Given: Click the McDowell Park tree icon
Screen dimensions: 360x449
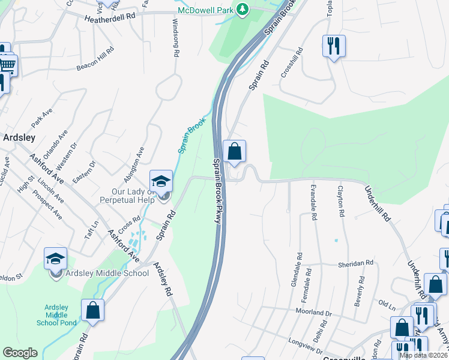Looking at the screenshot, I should pyautogui.click(x=242, y=10).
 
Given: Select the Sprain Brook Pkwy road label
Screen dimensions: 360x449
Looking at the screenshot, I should pyautogui.click(x=217, y=191).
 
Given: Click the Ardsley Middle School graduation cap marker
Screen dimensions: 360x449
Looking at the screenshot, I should pyautogui.click(x=56, y=259).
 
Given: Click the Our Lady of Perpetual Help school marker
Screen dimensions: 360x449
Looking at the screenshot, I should pyautogui.click(x=161, y=181).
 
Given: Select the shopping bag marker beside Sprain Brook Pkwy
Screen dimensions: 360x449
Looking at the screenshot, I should pyautogui.click(x=234, y=151).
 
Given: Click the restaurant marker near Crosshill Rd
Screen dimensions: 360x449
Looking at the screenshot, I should pyautogui.click(x=334, y=46).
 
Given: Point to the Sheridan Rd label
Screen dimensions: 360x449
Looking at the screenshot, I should pyautogui.click(x=357, y=263).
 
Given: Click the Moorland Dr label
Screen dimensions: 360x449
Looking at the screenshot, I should pyautogui.click(x=313, y=312).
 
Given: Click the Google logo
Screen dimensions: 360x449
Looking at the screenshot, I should pyautogui.click(x=20, y=353).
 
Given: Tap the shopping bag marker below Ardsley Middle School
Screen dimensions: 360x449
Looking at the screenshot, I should pyautogui.click(x=92, y=311).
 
